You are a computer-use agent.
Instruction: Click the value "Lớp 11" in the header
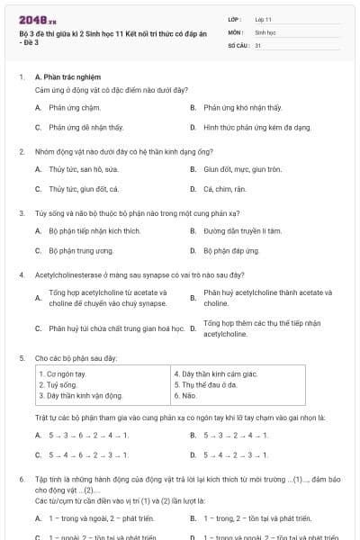[x=264, y=19]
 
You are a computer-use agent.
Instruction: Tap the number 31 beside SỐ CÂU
[x=258, y=44]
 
